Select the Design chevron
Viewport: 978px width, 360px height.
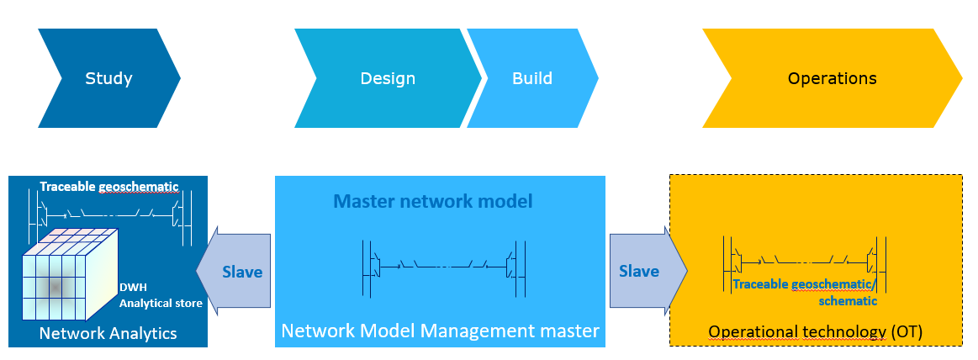click(388, 79)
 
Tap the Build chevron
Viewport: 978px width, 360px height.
click(532, 79)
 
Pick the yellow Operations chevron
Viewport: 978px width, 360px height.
click(832, 79)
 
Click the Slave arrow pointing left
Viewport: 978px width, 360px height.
click(235, 273)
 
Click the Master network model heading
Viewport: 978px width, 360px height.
click(433, 202)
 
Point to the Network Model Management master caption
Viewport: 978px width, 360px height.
click(440, 331)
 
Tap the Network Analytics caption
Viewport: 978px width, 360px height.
click(108, 333)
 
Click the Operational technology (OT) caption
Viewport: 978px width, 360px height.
click(816, 332)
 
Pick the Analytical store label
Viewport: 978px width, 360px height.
click(161, 303)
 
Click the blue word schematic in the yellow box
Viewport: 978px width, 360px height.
click(848, 300)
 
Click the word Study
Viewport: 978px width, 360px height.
click(108, 79)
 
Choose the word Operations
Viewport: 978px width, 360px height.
click(832, 79)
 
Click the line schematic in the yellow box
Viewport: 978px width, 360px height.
click(803, 261)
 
